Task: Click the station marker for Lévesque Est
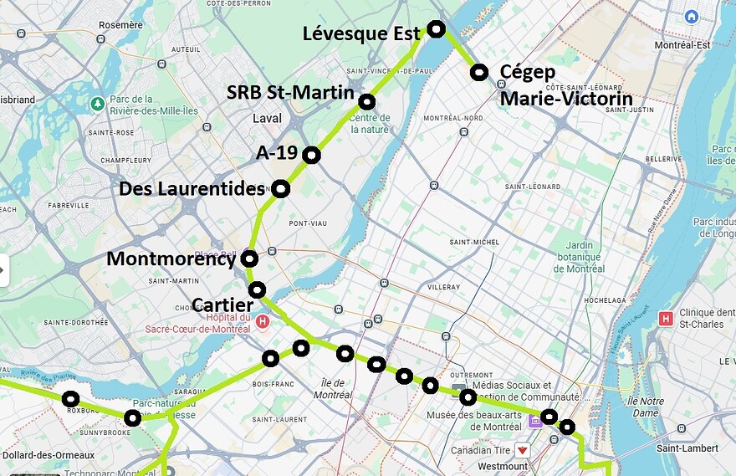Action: point(435,29)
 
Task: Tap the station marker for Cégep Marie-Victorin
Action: point(478,73)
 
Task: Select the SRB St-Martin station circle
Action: point(366,102)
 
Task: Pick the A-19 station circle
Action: point(311,155)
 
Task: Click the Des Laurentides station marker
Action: point(280,189)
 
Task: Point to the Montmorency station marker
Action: point(248,259)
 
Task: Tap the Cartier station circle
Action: point(257,289)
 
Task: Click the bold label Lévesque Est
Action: point(361,33)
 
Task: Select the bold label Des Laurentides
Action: point(192,189)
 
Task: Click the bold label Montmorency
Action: point(171,259)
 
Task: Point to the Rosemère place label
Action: point(120,25)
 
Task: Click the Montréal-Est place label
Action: point(682,45)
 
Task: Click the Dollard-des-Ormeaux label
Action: point(49,455)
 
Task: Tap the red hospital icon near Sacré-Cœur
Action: point(263,320)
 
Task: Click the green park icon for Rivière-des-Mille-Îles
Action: point(98,104)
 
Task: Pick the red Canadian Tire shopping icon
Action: point(523,450)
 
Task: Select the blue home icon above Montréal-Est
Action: point(691,17)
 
